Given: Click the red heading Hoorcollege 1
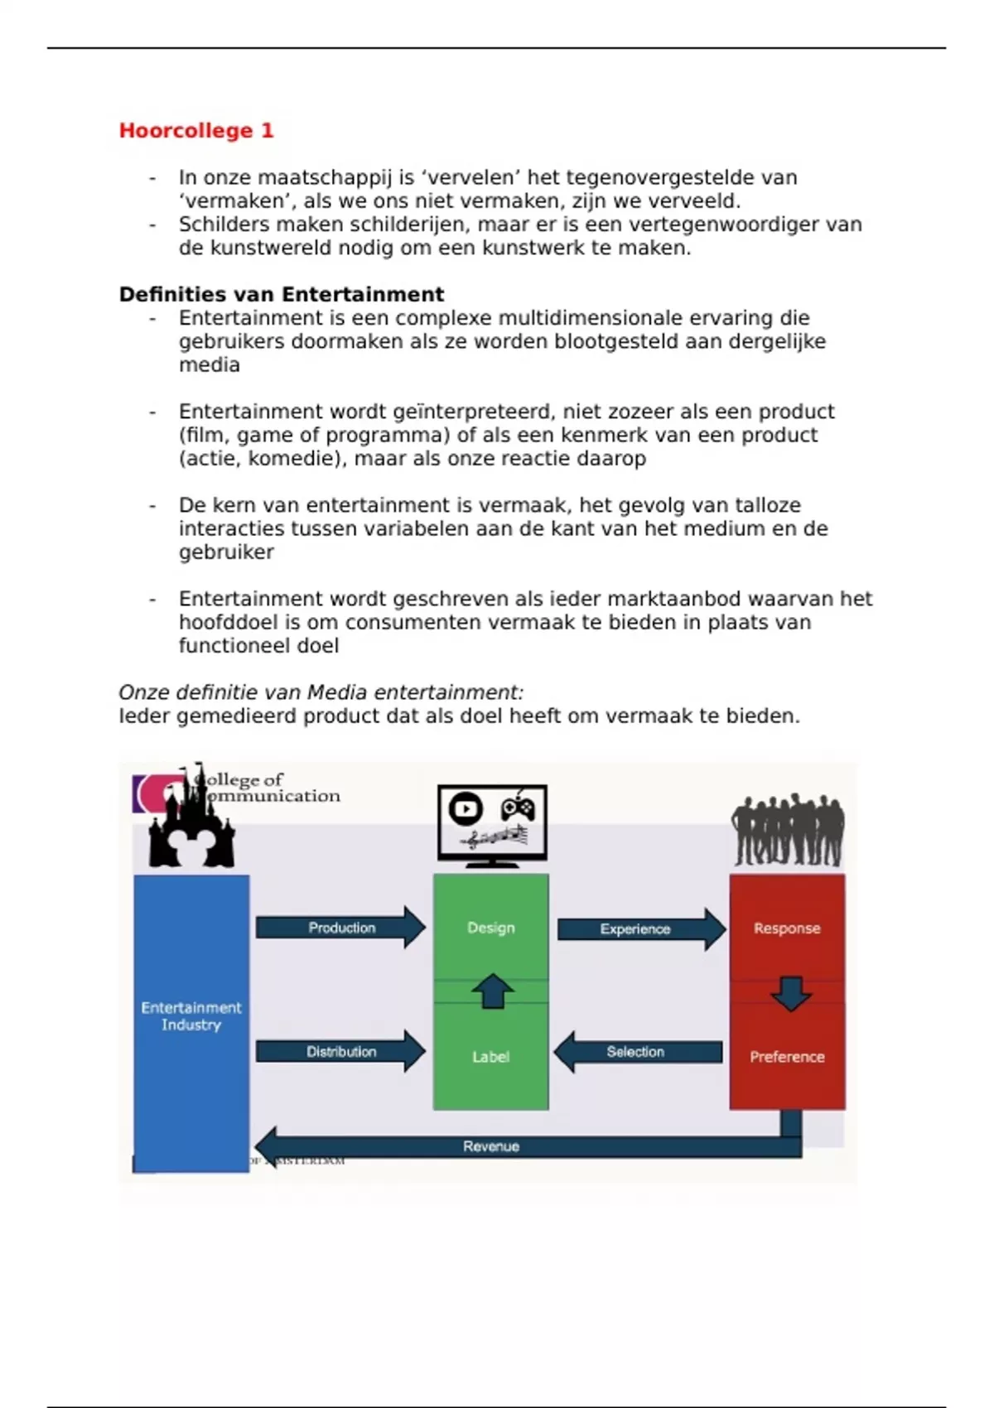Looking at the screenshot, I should click(196, 131).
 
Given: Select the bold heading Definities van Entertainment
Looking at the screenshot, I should click(282, 295).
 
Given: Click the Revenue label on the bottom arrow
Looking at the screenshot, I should click(491, 1146).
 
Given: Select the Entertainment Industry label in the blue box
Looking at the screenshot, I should click(191, 1016).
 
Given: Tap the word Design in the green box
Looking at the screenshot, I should click(491, 928).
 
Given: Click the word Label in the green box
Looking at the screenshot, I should click(491, 1057).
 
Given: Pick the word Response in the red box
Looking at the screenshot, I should click(787, 928).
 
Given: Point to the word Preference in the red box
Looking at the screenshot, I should click(787, 1057).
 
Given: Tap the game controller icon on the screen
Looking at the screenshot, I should click(519, 808).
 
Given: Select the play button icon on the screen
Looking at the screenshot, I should click(466, 808).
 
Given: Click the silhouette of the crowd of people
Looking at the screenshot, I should click(788, 828).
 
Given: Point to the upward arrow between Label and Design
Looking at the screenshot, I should click(493, 991).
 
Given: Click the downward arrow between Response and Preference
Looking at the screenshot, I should click(790, 993).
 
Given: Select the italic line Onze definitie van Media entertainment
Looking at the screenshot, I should click(321, 692).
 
